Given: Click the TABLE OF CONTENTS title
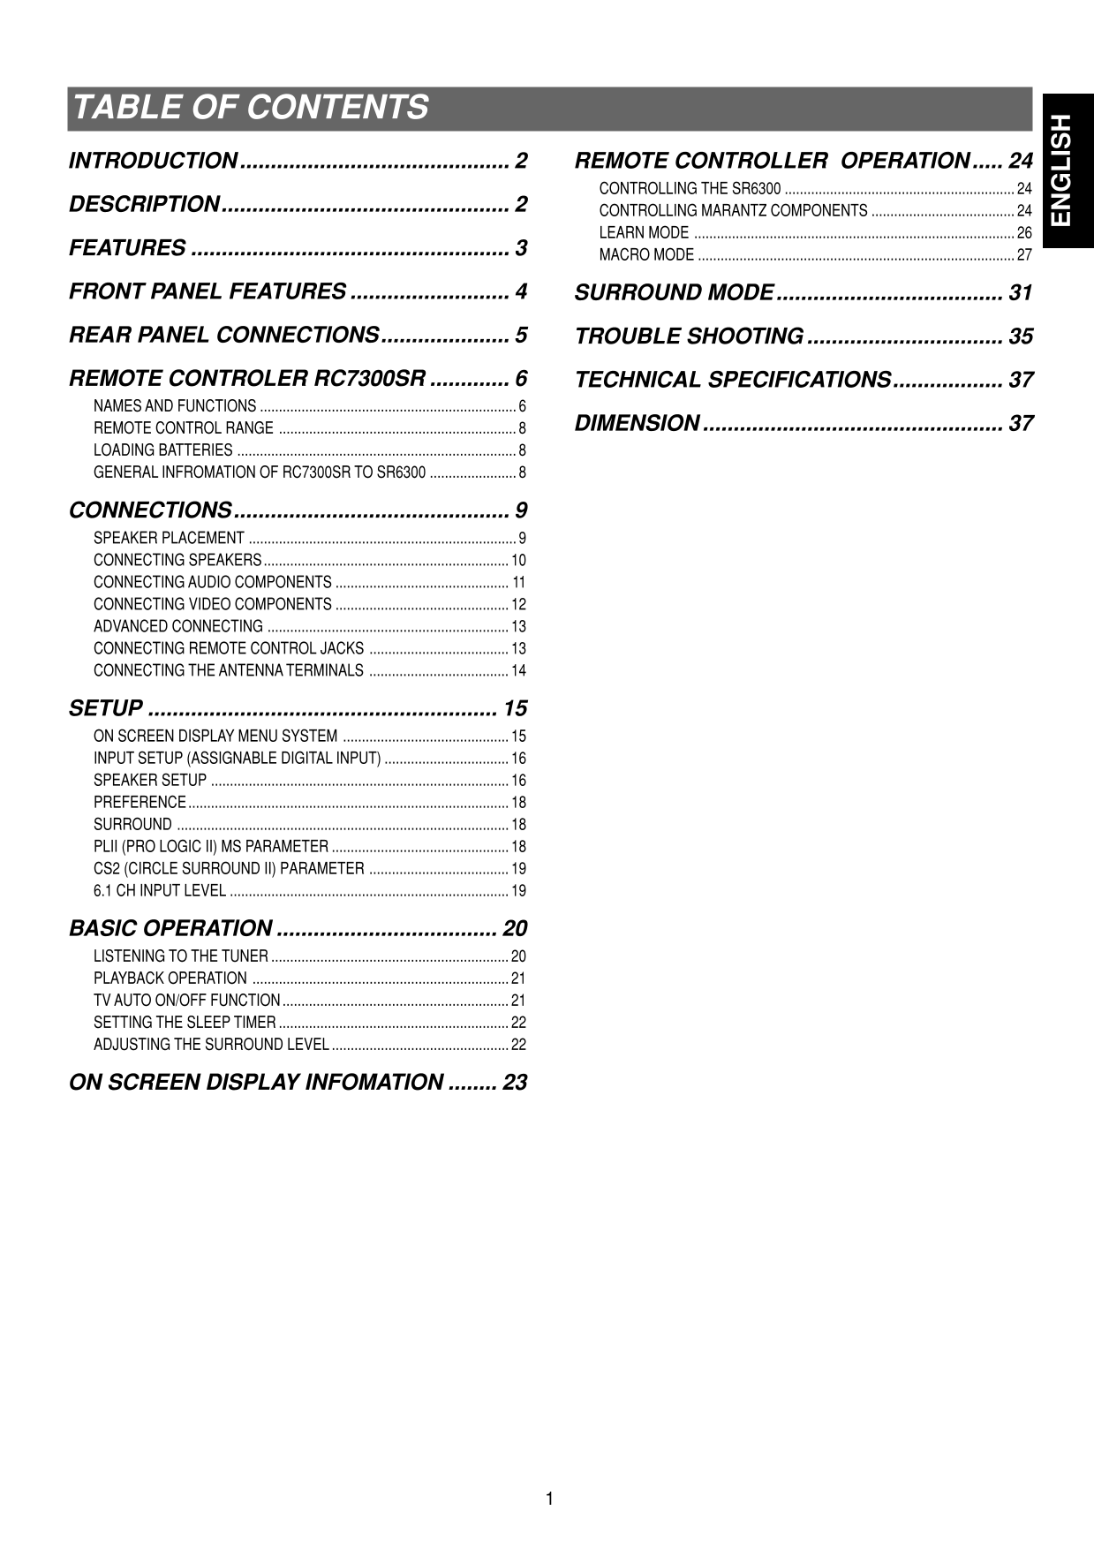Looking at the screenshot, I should coord(251,108).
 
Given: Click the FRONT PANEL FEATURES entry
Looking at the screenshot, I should coord(207,291).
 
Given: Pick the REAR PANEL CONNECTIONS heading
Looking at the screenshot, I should coord(223,336).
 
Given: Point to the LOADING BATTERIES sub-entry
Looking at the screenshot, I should coord(163,450).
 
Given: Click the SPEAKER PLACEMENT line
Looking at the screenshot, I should coord(170,538).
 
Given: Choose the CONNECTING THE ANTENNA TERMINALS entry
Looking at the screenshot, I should coord(229,670).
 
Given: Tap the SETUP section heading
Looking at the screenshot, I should coord(106,708).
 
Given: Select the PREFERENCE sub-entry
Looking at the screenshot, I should coord(140,802).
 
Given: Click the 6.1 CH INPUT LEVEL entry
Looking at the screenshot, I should coord(160,890).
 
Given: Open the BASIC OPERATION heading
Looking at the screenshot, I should coord(170,928).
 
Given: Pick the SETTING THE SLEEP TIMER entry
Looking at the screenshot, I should coord(185,1023).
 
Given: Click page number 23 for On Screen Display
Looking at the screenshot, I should coord(514,1083).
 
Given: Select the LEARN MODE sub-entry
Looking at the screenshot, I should coord(644,233).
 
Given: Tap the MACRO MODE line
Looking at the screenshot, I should coord(646,255).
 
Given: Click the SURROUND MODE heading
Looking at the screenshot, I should coord(674,292).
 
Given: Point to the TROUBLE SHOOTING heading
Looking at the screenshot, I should coord(689,336).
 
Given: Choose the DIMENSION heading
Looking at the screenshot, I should coord(637,424).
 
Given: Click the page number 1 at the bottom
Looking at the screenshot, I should coord(548,1499).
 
